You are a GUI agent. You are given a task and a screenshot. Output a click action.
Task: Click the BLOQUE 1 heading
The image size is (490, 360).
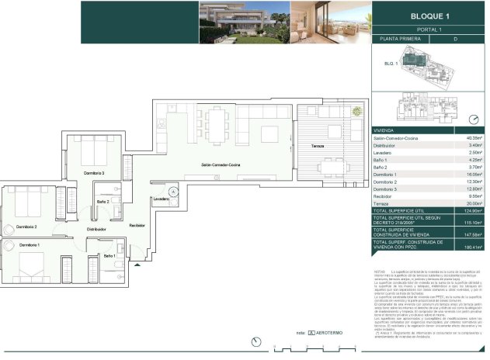point(429,16)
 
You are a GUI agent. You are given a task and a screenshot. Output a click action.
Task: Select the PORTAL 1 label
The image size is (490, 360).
point(429,29)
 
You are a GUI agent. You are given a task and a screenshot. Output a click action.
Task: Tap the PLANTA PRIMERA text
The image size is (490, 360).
point(401,38)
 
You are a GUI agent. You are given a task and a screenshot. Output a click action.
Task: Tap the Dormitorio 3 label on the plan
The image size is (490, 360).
point(93,172)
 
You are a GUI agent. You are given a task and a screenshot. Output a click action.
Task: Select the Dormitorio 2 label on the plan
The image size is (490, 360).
point(26,227)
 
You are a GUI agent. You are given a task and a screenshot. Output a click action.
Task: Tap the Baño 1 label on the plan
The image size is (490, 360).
point(109,255)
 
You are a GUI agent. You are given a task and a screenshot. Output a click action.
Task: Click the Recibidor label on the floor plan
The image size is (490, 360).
point(137,225)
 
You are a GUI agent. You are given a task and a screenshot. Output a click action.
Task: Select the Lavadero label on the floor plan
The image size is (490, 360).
point(162,199)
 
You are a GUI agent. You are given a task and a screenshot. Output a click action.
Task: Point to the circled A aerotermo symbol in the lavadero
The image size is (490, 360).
point(172,189)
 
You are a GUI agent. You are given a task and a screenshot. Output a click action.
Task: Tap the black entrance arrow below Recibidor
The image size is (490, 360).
point(137,265)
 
